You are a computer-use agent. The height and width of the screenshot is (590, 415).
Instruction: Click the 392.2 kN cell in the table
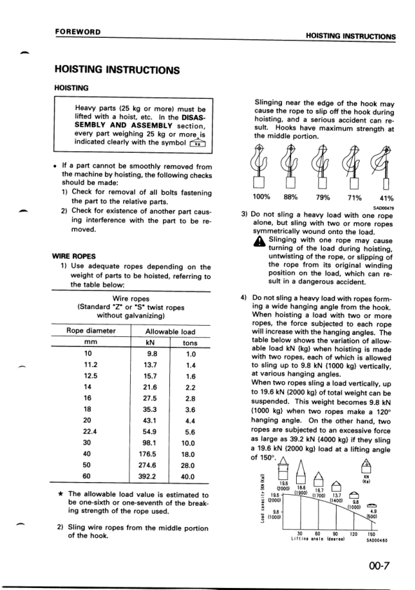point(149,476)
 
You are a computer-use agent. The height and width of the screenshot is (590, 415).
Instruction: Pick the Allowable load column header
point(169,331)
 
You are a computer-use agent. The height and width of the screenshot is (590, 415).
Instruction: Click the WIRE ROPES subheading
point(73,256)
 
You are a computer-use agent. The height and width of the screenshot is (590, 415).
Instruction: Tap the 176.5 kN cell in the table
point(149,453)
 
